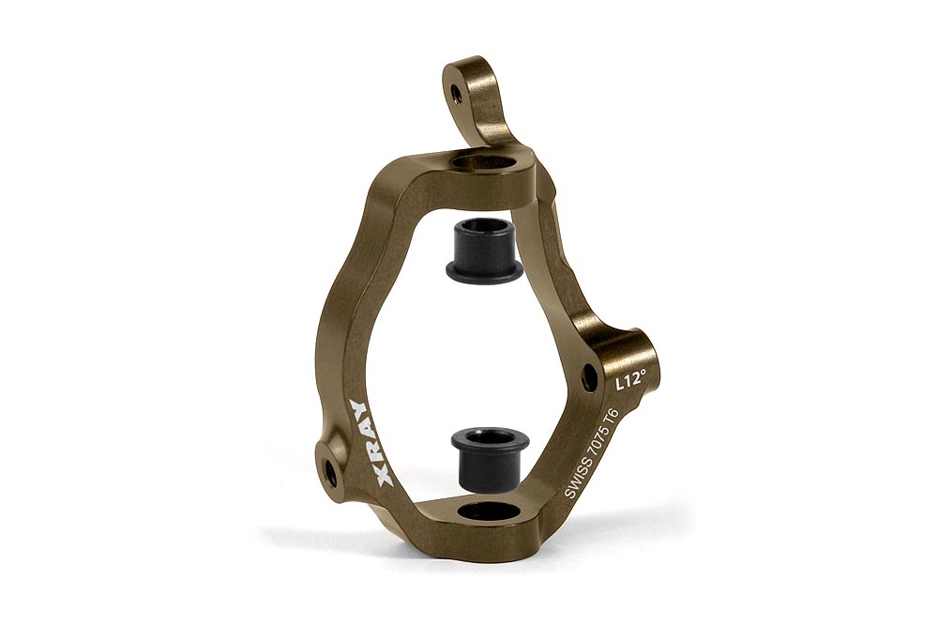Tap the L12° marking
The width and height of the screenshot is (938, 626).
click(631, 380)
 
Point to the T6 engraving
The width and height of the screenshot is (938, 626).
click(610, 419)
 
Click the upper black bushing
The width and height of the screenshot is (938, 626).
click(486, 247)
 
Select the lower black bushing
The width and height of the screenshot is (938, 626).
click(490, 457)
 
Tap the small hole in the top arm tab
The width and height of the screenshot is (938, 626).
click(456, 93)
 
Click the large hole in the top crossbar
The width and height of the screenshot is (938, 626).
click(485, 162)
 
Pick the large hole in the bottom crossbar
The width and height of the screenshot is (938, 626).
click(490, 511)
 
